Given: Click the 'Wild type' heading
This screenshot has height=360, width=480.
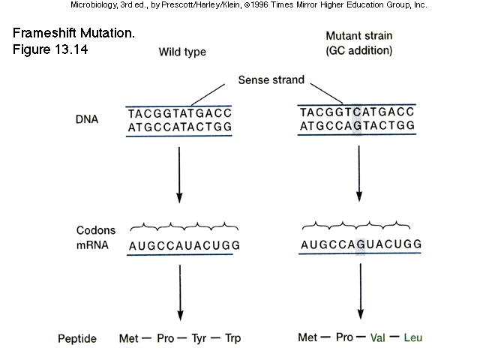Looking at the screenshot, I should click(181, 52).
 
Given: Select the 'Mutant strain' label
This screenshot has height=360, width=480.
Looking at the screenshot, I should click(358, 36).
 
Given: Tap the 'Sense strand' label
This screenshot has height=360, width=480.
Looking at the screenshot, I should click(271, 78).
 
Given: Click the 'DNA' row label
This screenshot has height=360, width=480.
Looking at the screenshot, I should click(86, 119).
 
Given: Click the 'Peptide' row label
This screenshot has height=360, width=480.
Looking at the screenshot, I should click(77, 339).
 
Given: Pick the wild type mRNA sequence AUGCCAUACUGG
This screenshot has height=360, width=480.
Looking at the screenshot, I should click(184, 246).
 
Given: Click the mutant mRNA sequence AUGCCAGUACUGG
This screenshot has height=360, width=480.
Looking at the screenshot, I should click(361, 245).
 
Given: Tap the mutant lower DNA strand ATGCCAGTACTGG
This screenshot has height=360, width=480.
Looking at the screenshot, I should click(357, 125).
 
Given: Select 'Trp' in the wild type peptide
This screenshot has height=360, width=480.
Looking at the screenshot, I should click(232, 338).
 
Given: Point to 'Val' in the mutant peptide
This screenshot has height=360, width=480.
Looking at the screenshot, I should click(379, 337).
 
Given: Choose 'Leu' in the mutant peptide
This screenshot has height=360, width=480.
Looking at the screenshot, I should click(413, 337).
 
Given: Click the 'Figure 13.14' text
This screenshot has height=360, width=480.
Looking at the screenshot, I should click(50, 49).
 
